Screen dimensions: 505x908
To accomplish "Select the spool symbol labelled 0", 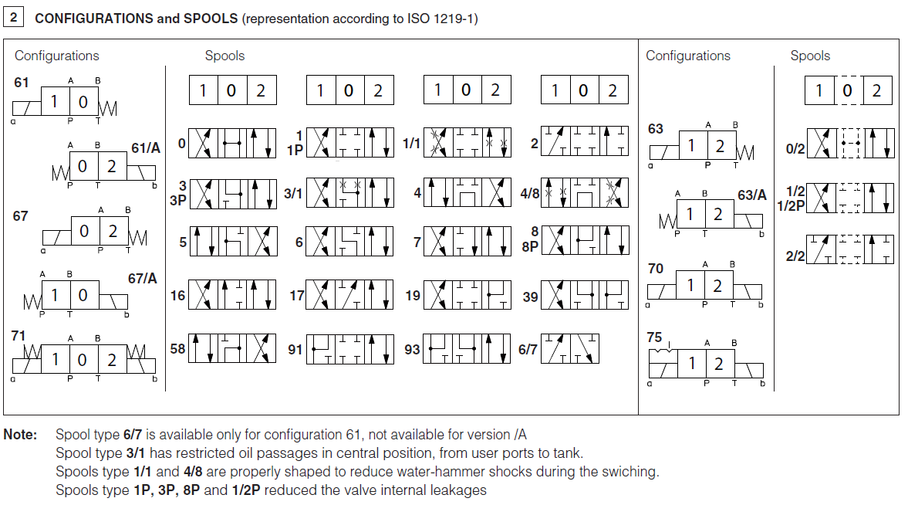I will click(x=232, y=144).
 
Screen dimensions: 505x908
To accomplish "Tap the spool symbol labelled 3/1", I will click(x=349, y=193).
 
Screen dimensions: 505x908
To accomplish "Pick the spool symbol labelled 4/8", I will click(x=584, y=193).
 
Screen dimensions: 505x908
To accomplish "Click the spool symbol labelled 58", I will click(x=232, y=349).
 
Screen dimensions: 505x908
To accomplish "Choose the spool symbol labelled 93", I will click(x=467, y=349).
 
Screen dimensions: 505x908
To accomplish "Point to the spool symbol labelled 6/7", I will click(x=570, y=349).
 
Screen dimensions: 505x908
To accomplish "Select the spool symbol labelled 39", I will click(x=584, y=295).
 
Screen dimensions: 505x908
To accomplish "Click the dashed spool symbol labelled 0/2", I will click(x=849, y=144).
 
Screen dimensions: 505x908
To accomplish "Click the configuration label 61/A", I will click(x=145, y=147).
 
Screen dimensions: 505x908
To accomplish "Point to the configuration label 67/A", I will click(x=142, y=278).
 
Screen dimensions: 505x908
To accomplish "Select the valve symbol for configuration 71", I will click(x=83, y=360).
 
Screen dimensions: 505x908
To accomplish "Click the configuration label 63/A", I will click(x=751, y=195).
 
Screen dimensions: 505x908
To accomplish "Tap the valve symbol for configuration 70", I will click(x=704, y=286).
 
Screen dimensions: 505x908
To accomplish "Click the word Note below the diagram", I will click(x=20, y=435).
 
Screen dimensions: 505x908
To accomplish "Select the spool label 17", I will click(x=297, y=296).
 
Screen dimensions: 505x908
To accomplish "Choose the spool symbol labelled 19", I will click(x=467, y=295).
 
